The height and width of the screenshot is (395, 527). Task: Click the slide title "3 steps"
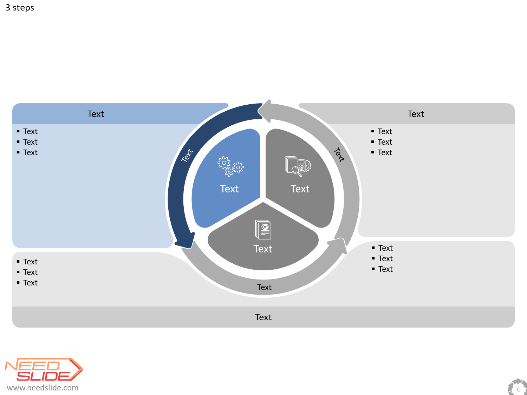[x=20, y=8]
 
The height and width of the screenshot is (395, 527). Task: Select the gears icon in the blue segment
[x=230, y=166]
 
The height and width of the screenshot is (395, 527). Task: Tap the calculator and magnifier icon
[x=298, y=166]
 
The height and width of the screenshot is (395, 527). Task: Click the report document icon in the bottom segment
[x=263, y=230]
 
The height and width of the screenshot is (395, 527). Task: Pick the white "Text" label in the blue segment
[x=229, y=189]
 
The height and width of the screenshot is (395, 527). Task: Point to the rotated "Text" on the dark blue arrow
[x=187, y=156]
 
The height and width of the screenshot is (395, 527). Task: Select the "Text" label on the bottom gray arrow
[x=264, y=287]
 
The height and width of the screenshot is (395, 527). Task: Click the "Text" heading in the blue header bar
[x=96, y=114]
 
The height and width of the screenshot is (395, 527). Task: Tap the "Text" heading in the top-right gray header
[x=416, y=114]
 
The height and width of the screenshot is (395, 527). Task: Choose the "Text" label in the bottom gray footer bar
[x=263, y=317]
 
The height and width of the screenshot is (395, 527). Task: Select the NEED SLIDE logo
[x=44, y=369]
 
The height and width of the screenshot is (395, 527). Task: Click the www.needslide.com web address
[x=43, y=388]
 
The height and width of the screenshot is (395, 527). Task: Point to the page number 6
[x=519, y=389]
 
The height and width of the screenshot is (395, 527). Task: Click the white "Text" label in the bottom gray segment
[x=263, y=249]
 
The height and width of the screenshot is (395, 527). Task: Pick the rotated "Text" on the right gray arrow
[x=339, y=154]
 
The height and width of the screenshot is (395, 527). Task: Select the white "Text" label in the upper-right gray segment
[x=300, y=189]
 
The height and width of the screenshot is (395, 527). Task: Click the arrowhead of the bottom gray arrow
[x=338, y=245]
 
